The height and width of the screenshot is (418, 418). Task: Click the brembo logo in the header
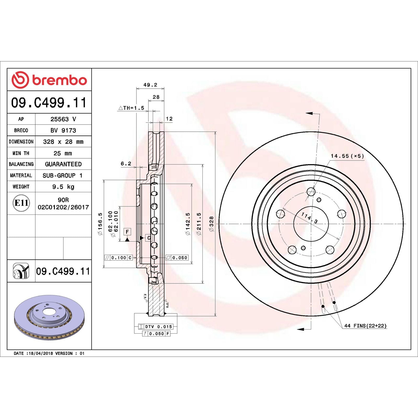point(49,80)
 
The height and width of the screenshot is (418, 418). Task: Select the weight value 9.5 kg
point(63,187)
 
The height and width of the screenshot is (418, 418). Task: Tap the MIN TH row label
point(21,153)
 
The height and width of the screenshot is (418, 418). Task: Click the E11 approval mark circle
point(21,203)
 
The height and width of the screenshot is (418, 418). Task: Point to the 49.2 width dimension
point(150,85)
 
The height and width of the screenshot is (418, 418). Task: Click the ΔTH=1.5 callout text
point(131,108)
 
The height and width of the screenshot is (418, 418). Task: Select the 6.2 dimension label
point(126,164)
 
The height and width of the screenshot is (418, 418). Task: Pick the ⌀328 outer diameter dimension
point(211,224)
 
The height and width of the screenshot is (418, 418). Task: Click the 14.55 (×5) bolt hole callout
point(347,156)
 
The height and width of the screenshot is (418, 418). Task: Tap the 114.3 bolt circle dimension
point(309,218)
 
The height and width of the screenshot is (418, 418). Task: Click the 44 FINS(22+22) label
point(365,326)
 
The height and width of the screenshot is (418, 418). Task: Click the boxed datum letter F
point(127,232)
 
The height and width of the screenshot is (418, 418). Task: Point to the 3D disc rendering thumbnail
point(49,317)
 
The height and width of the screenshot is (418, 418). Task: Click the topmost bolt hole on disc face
point(311,192)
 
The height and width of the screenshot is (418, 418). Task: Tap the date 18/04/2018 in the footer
point(40,353)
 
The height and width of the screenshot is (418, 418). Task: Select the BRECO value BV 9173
point(63,130)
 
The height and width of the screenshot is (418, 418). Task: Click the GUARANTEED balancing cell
point(63,164)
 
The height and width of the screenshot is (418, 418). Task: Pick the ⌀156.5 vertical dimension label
point(100,224)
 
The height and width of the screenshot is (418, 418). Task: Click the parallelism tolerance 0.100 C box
point(119,258)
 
